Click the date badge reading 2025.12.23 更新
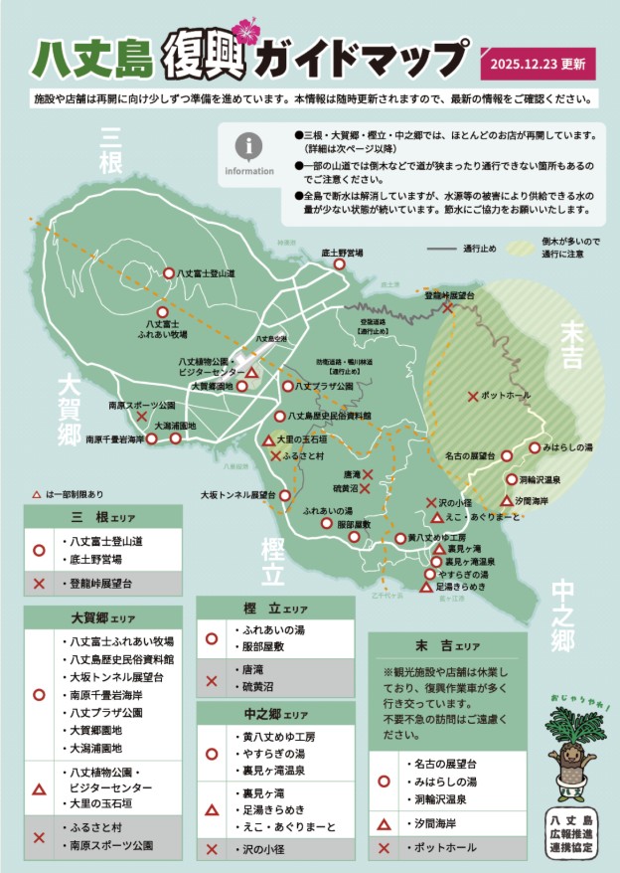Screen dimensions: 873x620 coord(538,64)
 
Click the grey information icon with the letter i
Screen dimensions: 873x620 coord(248,146)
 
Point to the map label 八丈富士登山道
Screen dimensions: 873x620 coord(208,272)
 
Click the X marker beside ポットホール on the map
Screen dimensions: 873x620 coord(473,397)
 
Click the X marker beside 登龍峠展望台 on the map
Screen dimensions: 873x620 coord(449,308)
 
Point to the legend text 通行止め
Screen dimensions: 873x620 coord(481,248)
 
